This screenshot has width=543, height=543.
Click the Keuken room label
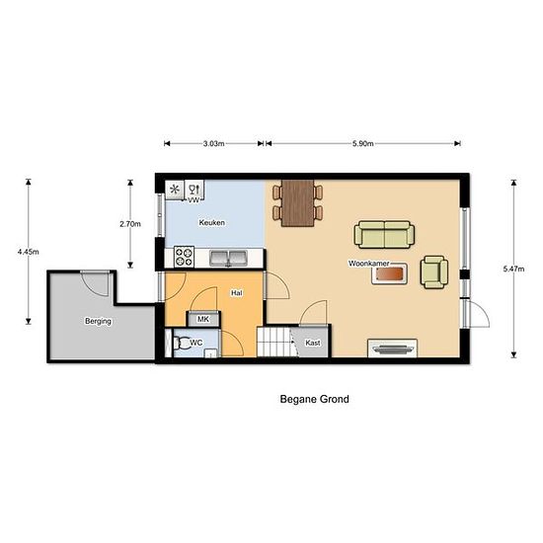pyautogui.click(x=212, y=223)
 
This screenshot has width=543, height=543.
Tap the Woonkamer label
pyautogui.click(x=369, y=264)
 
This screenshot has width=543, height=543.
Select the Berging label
pyautogui.click(x=99, y=321)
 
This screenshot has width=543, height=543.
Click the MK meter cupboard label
pyautogui.click(x=203, y=319)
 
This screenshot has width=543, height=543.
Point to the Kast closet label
pyautogui.click(x=313, y=343)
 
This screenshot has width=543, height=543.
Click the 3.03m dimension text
pyautogui.click(x=213, y=143)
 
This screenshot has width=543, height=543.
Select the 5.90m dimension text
pyautogui.click(x=363, y=143)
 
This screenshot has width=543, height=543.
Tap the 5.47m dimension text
pyautogui.click(x=514, y=269)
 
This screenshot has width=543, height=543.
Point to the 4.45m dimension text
pyautogui.click(x=29, y=252)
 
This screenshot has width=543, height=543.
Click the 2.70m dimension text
pyautogui.click(x=130, y=224)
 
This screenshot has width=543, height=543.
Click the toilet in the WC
pyautogui.click(x=182, y=344)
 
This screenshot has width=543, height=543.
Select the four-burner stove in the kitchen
pyautogui.click(x=184, y=257)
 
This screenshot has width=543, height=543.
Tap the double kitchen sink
pyautogui.click(x=229, y=259)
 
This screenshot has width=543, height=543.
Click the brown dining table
pyautogui.click(x=298, y=203)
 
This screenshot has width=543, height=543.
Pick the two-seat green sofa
pyautogui.click(x=384, y=234)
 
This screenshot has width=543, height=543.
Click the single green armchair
pyautogui.click(x=434, y=272)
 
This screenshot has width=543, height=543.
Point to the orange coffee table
pyautogui.click(x=389, y=274)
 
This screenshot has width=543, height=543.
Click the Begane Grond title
pyautogui.click(x=314, y=399)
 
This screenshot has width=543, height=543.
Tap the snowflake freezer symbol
pyautogui.click(x=175, y=190)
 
